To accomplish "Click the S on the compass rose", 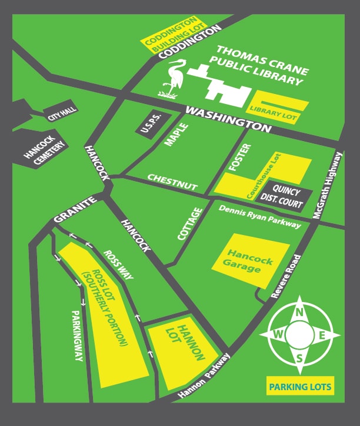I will pos(300,357).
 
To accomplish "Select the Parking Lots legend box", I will pos(300,387).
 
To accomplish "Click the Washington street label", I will pos(226,118).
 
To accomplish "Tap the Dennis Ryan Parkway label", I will pos(259,216).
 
